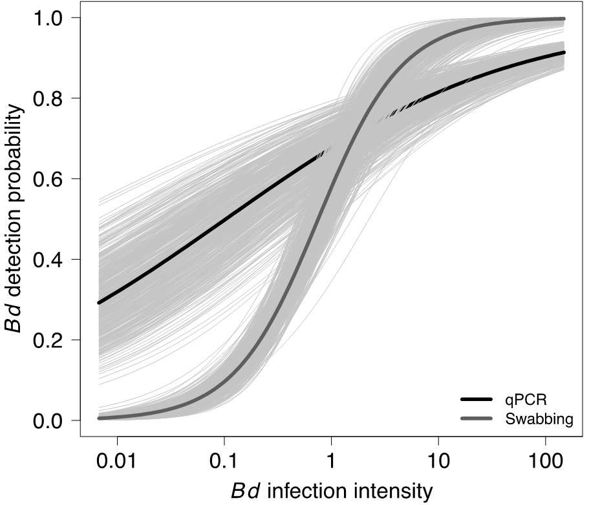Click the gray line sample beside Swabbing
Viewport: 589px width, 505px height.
(478, 419)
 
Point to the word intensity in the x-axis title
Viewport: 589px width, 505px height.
(394, 491)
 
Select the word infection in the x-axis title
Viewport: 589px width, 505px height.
(308, 491)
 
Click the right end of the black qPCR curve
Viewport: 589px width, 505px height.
(564, 53)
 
